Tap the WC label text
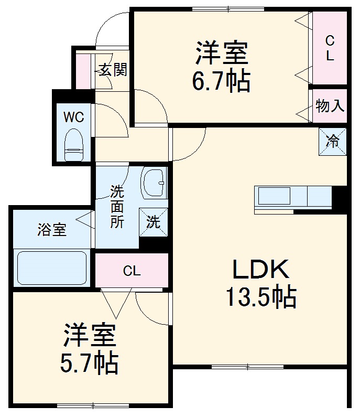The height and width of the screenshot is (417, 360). tap(73, 117)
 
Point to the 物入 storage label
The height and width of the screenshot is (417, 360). tap(330, 106)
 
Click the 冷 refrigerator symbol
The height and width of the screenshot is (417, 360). tap(333, 141)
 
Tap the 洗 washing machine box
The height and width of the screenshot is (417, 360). tap(153, 222)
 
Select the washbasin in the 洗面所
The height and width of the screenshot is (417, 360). tap(154, 182)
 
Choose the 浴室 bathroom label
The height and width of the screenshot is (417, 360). tap(51, 229)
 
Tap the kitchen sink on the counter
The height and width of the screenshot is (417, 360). tap(273, 197)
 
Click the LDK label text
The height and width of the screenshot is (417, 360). tap(260, 270)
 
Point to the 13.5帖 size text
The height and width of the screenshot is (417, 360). tap(260, 297)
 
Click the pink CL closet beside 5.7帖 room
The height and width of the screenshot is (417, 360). tap(132, 271)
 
